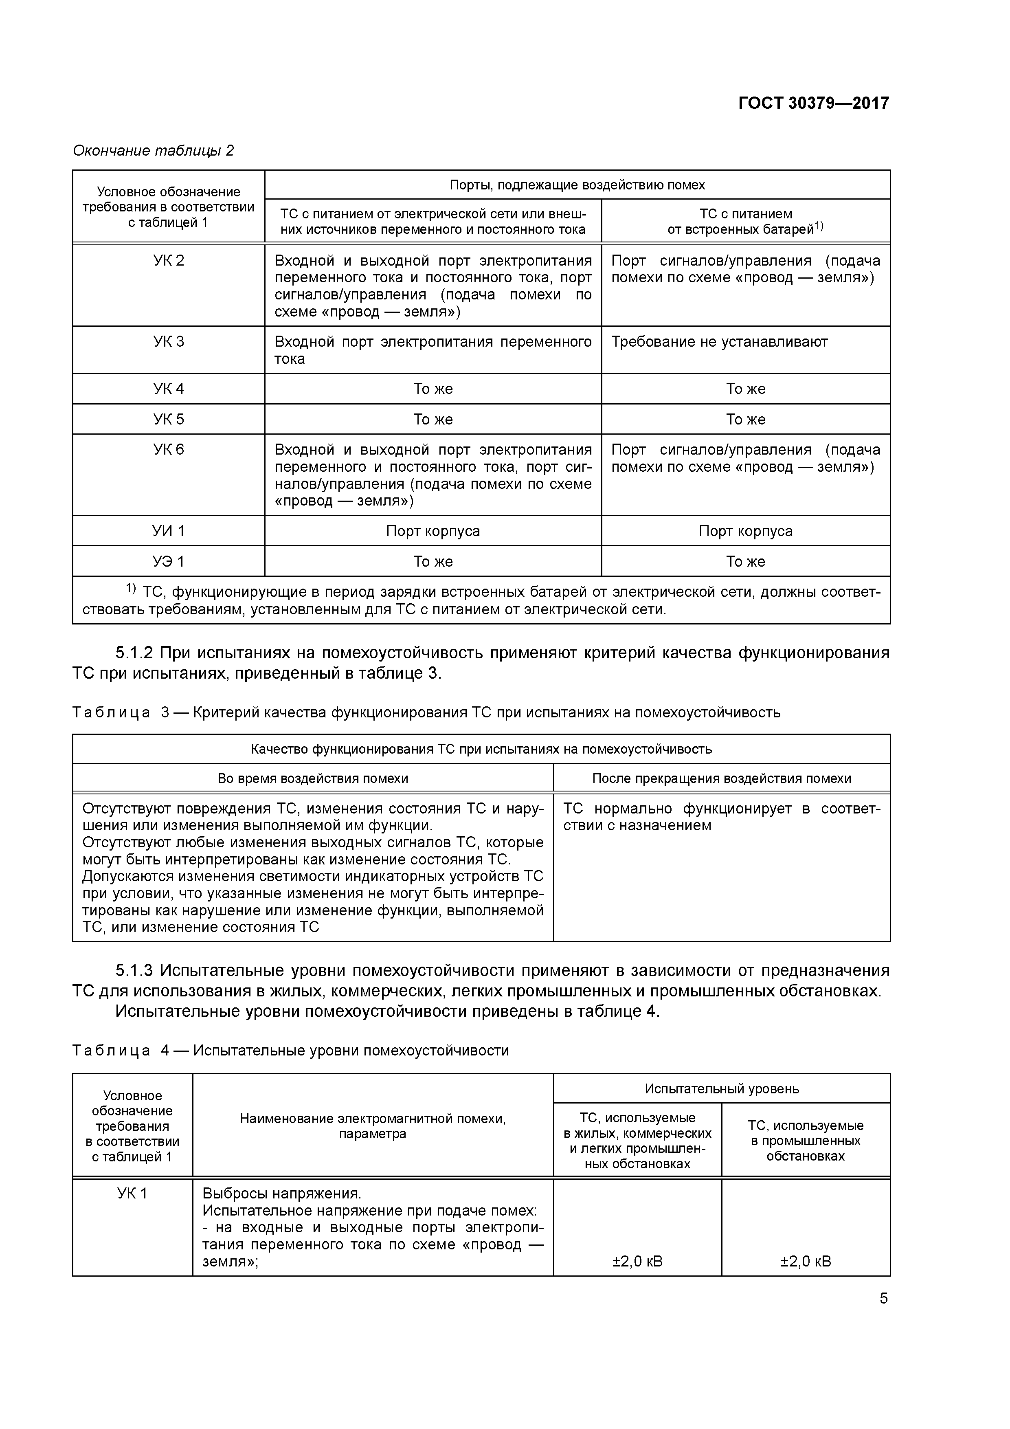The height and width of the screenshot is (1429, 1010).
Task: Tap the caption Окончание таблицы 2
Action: coord(153,151)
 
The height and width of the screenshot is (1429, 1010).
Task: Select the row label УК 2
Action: coord(169,261)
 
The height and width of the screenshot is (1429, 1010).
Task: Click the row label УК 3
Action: coord(169,342)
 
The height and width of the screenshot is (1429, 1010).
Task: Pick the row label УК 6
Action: coord(169,449)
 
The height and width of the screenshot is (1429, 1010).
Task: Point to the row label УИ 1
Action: coord(169,531)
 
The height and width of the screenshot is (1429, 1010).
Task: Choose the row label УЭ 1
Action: coord(169,561)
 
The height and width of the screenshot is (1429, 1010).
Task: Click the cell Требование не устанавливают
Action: coord(719,342)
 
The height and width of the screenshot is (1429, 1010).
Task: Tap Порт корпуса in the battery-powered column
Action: coord(746,531)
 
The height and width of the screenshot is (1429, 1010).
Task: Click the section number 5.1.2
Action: coord(134,653)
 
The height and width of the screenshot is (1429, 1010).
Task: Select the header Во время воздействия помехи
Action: coord(313,778)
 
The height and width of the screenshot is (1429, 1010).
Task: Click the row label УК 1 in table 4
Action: coord(132,1193)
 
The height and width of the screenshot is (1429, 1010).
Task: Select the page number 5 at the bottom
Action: coord(883,1298)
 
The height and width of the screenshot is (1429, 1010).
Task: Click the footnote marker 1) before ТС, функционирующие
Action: coord(131,588)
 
